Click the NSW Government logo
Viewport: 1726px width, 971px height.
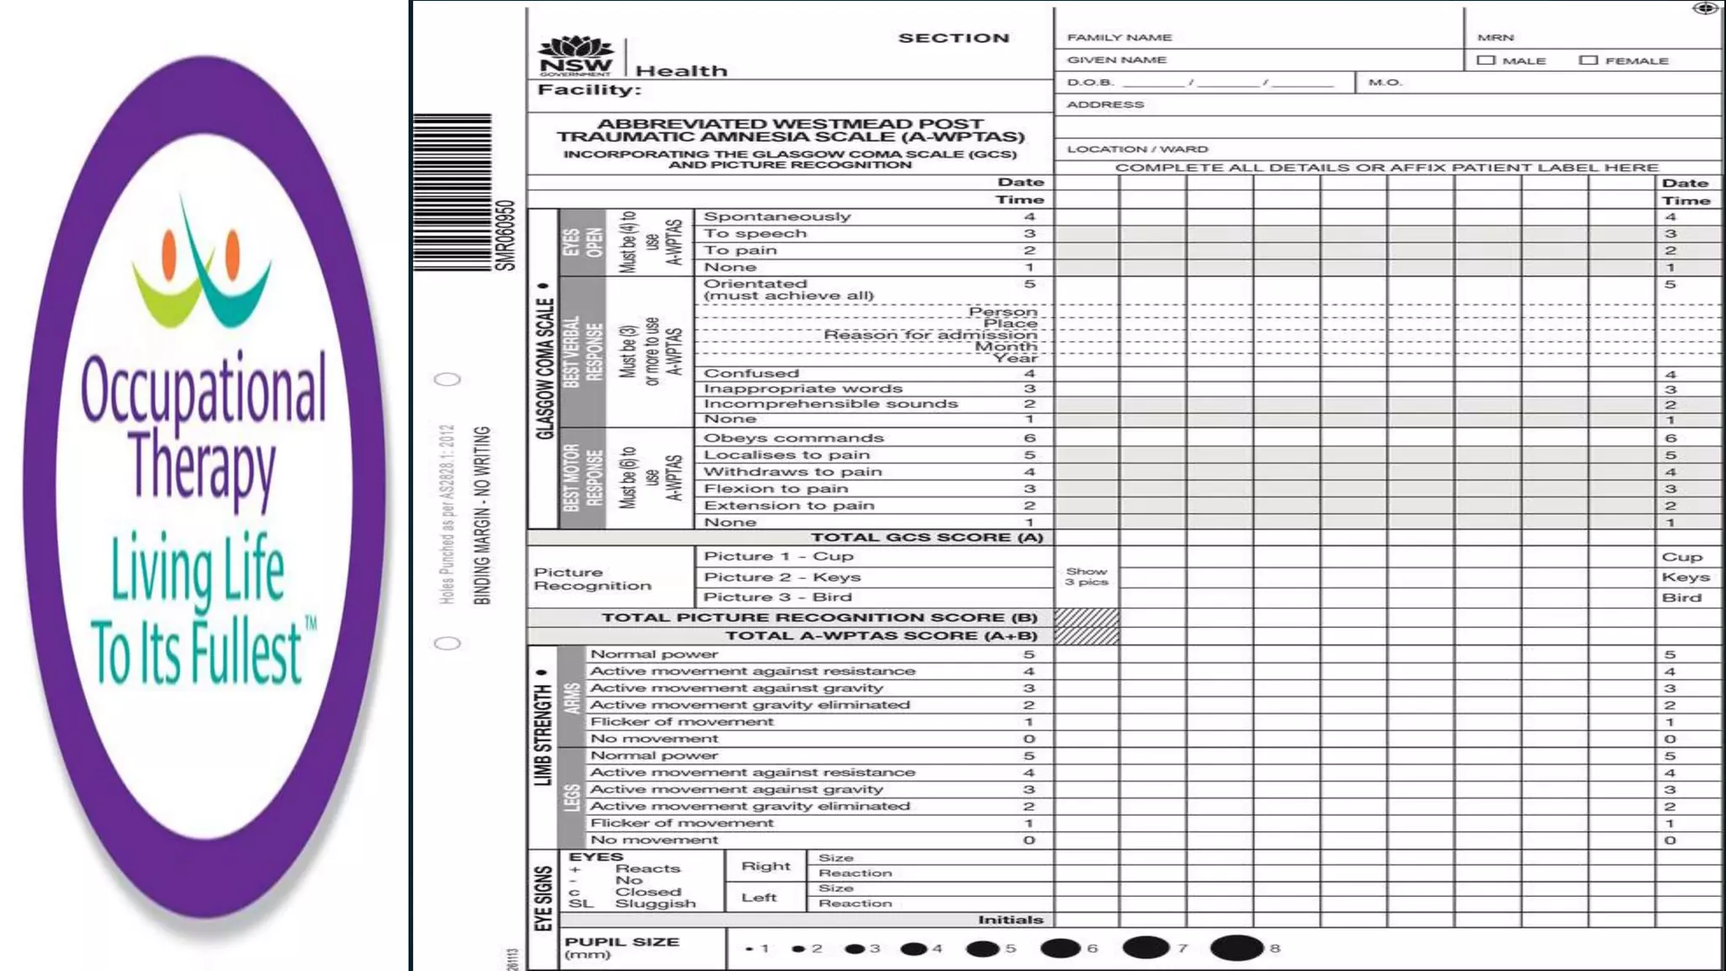pos(576,56)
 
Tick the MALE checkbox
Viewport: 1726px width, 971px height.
pos(1486,61)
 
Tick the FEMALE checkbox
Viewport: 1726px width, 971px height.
pos(1589,61)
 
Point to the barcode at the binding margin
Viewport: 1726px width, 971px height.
pos(453,192)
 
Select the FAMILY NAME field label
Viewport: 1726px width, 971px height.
pos(1119,38)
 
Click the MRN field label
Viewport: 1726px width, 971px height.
pos(1495,38)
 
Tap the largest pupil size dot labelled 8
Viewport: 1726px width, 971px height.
pos(1236,948)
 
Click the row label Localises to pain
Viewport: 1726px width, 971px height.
pos(786,455)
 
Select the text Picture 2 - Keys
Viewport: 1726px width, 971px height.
pos(782,577)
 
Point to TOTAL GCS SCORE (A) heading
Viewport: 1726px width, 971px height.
pos(927,538)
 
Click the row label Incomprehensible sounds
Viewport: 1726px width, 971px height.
pos(830,404)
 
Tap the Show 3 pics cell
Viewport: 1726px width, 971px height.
pos(1086,577)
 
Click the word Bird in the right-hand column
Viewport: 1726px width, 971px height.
pos(1681,598)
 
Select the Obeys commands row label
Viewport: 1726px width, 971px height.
pos(793,438)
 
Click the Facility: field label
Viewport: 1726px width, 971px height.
pos(589,90)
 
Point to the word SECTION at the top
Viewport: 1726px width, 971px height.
pos(953,38)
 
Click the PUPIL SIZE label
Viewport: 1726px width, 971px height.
pos(621,942)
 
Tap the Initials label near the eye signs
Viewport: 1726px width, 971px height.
pos(1010,920)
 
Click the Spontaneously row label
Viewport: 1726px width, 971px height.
pos(777,217)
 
